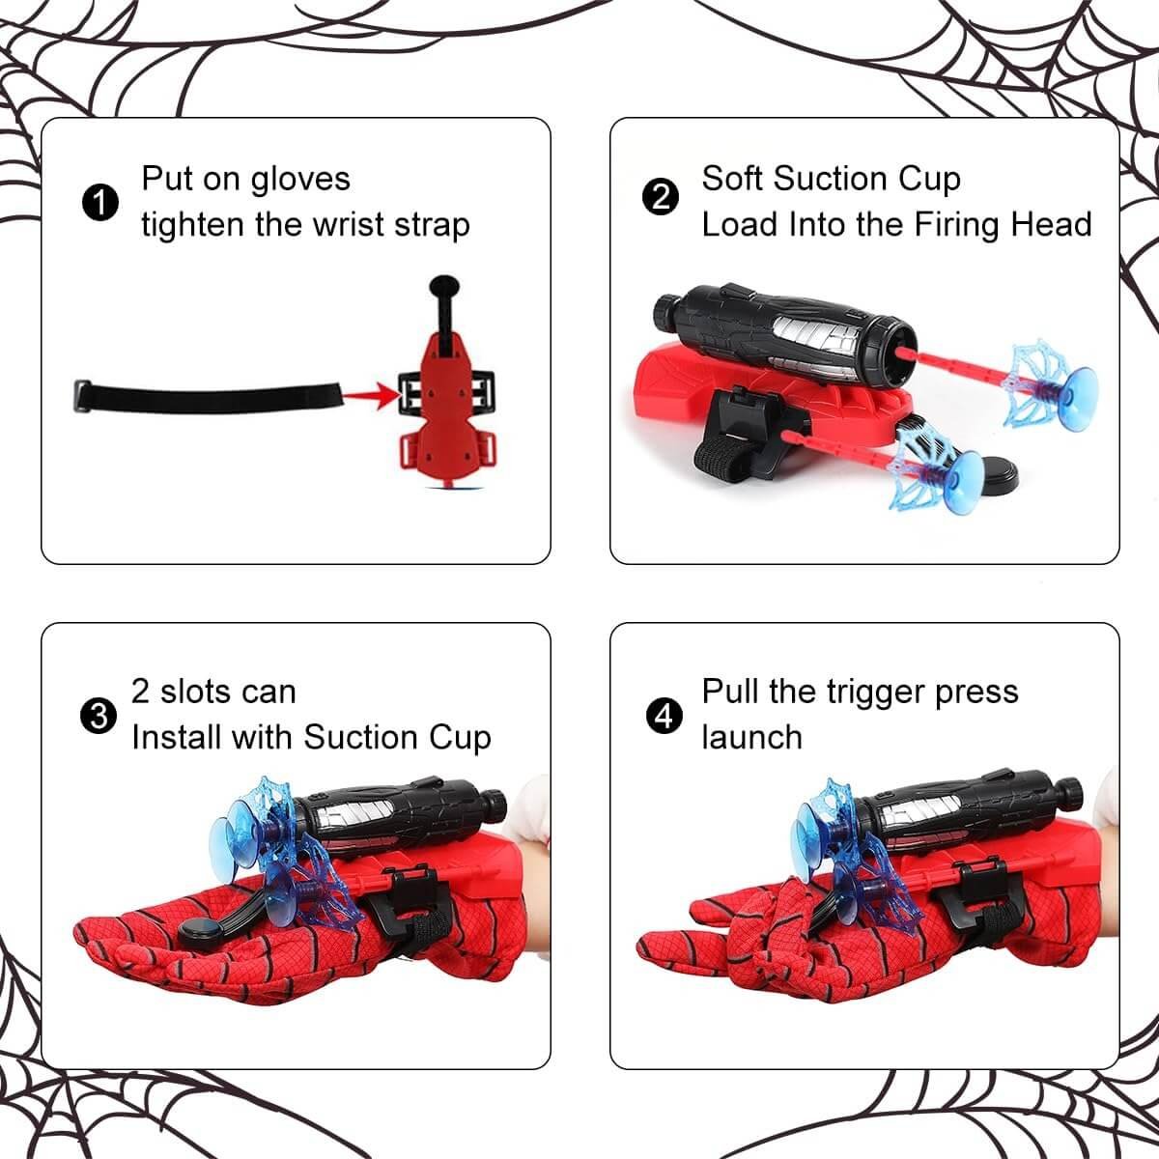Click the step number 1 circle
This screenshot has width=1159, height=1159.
100,202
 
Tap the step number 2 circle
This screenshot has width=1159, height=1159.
661,197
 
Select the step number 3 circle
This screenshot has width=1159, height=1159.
99,717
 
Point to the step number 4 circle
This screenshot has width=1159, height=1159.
664,717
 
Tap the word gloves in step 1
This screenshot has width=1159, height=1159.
300,180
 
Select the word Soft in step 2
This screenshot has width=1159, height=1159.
732,178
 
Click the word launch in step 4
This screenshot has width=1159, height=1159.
751,737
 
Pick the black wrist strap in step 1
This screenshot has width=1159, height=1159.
208,397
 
